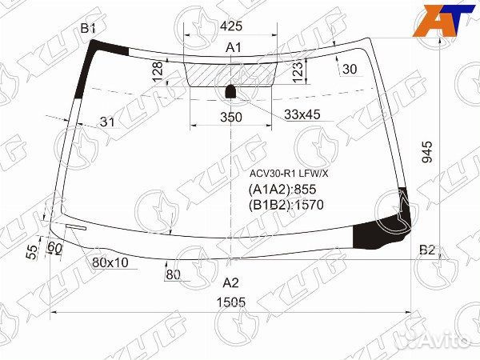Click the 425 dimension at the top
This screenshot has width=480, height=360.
coord(232,26)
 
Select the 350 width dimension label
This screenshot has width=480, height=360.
coord(230,117)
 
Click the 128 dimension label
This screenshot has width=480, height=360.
coord(158,74)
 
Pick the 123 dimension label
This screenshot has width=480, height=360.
coord(298,71)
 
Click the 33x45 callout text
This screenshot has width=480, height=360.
coord(302,114)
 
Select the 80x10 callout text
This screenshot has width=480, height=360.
coord(110,262)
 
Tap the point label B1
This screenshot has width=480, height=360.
coord(88,29)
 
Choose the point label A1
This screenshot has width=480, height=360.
coord(233,49)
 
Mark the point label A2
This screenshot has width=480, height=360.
coord(230,282)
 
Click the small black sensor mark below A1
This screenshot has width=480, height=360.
coord(230,90)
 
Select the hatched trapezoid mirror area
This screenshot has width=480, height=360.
coord(232,74)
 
